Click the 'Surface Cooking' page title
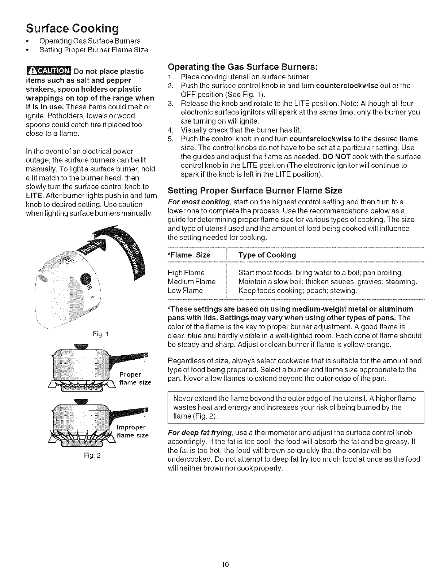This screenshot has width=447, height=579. tap(72, 28)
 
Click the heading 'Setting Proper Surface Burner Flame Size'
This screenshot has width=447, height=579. tap(255, 190)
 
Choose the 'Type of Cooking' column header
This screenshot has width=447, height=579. tap(267, 255)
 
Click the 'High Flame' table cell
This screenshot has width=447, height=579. tap(186, 273)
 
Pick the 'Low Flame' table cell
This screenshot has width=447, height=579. tap(185, 291)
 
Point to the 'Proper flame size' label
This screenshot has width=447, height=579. tap(135, 378)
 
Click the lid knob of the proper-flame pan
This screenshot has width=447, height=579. tap(81, 347)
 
